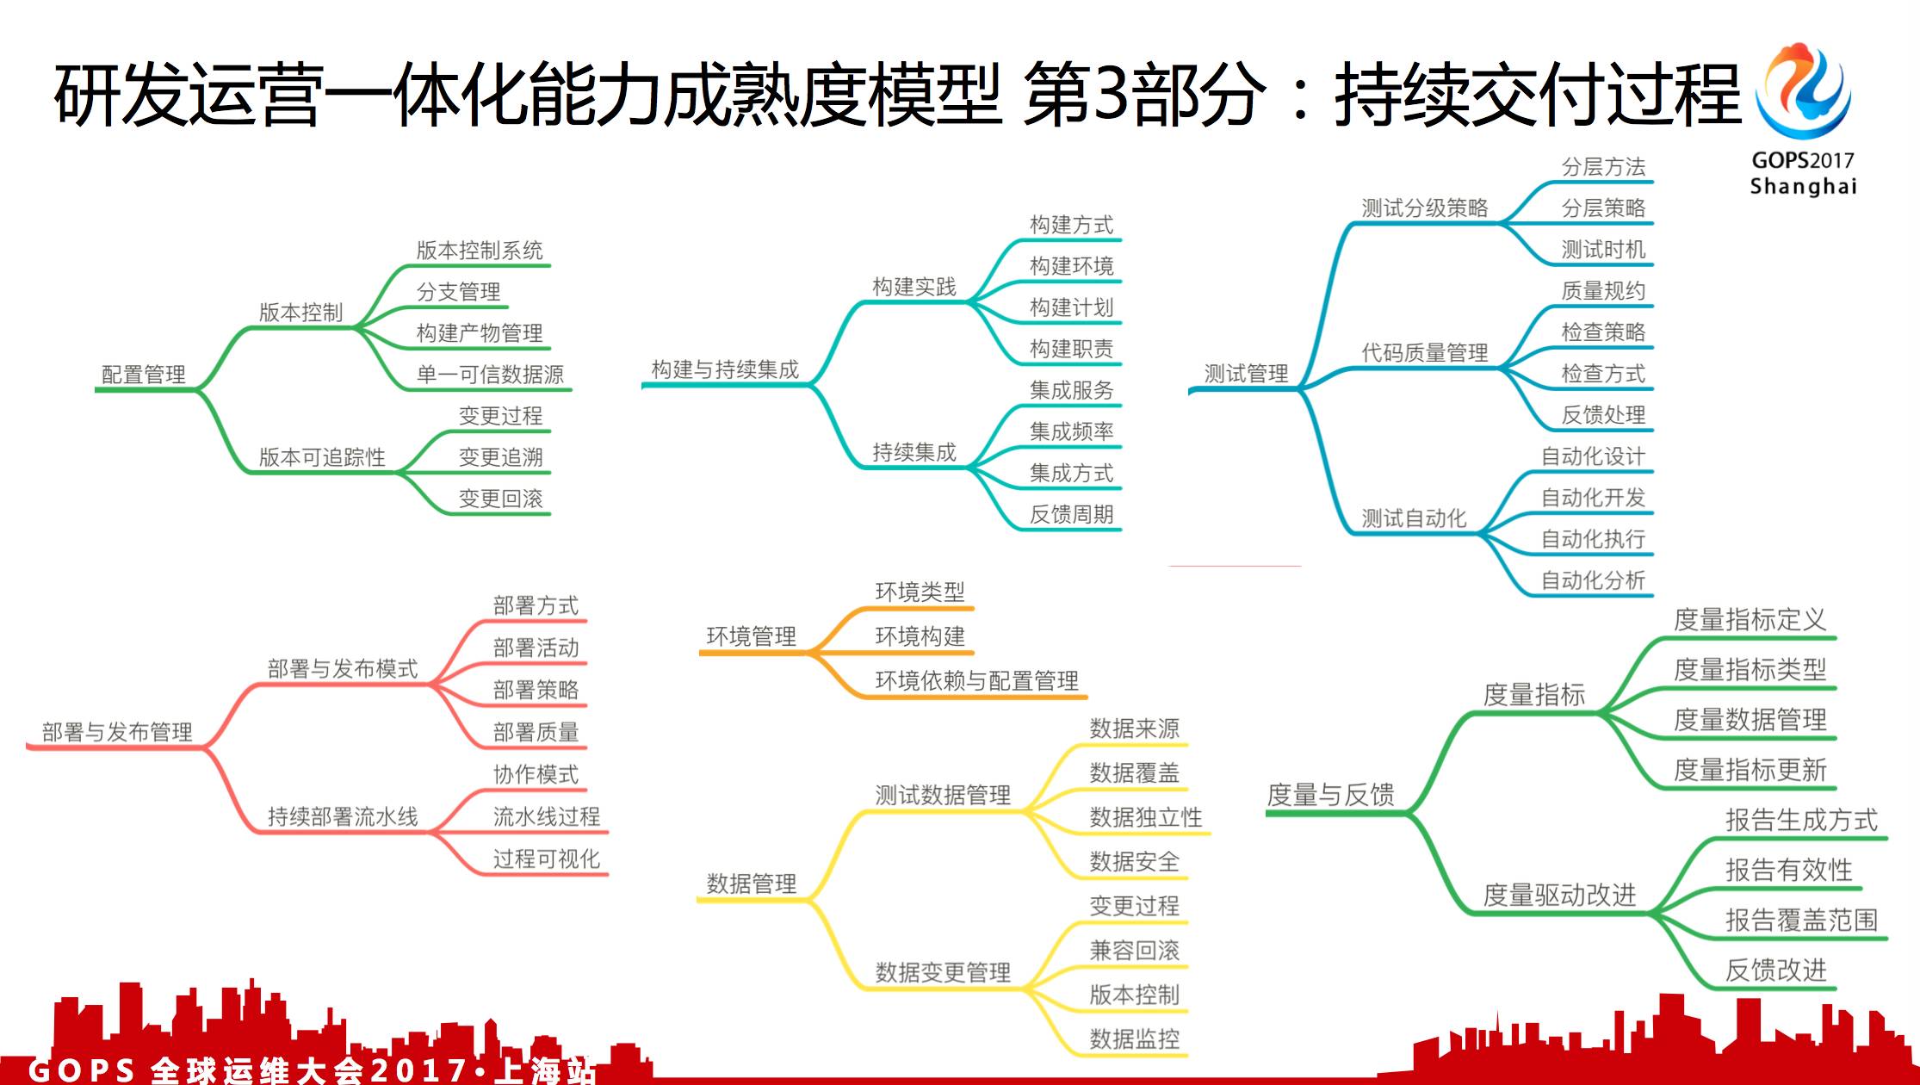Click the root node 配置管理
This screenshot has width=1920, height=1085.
tap(144, 375)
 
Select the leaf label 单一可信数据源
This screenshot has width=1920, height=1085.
tap(489, 375)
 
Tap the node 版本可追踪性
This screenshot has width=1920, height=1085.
tap(322, 457)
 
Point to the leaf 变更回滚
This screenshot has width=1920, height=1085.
tap(500, 499)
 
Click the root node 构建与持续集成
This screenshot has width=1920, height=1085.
tap(725, 369)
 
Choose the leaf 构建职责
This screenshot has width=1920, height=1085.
tap(1071, 349)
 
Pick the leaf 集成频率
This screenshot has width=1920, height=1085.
tap(1071, 431)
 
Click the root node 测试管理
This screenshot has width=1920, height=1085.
tap(1245, 374)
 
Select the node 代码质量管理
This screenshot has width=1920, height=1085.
tap(1424, 352)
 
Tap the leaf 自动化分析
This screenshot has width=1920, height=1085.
tap(1592, 580)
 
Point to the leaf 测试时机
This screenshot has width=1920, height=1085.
tap(1603, 250)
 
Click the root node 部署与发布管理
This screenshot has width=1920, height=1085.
tap(117, 732)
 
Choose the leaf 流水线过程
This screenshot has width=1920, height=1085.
tap(546, 816)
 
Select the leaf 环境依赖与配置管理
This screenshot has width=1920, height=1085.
tap(976, 681)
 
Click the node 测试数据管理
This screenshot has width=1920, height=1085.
tap(943, 795)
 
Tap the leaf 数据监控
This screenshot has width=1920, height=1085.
tap(1134, 1039)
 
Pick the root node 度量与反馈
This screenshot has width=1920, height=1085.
tap(1330, 795)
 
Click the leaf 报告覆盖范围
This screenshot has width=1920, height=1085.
tap(1801, 921)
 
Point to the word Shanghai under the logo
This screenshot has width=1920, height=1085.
tap(1803, 187)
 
